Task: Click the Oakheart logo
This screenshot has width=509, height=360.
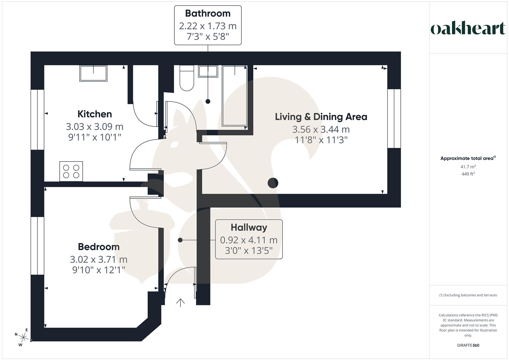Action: tap(468, 29)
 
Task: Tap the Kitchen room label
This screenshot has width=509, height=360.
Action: tap(95, 114)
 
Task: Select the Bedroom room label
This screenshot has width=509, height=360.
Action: tap(99, 247)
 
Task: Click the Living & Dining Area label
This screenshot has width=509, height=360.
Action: tap(321, 117)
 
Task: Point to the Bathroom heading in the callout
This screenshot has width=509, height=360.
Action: tap(208, 13)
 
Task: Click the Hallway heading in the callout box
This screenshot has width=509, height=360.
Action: tap(249, 227)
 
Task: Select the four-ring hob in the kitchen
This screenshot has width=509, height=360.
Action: tap(71, 171)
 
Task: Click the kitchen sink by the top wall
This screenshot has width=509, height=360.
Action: tap(93, 73)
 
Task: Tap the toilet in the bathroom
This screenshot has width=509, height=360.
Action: tap(187, 78)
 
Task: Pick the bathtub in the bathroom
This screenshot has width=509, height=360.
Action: tap(235, 96)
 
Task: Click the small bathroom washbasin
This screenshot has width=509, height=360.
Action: tap(208, 71)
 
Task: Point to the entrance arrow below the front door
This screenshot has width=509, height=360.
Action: tap(180, 302)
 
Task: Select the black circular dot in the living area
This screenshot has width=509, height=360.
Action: tap(273, 183)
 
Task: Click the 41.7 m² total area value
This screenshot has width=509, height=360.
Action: tap(468, 167)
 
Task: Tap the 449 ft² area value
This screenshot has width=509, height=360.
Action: tap(468, 174)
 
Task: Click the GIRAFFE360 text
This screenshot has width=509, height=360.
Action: tap(468, 345)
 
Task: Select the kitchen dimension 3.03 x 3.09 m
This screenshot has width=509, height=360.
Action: tap(95, 127)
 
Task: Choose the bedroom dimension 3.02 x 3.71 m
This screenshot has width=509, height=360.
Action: tap(99, 259)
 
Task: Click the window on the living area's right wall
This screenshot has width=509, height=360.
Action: tap(394, 118)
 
